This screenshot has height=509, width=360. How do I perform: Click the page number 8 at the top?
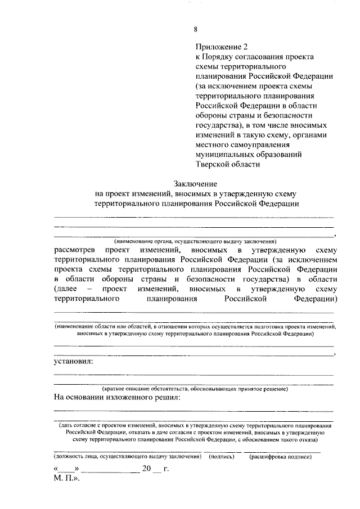[195, 30]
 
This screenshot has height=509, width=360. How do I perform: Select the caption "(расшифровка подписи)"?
[280, 458]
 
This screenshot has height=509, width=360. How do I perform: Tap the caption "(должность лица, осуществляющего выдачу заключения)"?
[128, 458]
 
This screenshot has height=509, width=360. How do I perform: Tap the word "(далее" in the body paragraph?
[67, 289]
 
